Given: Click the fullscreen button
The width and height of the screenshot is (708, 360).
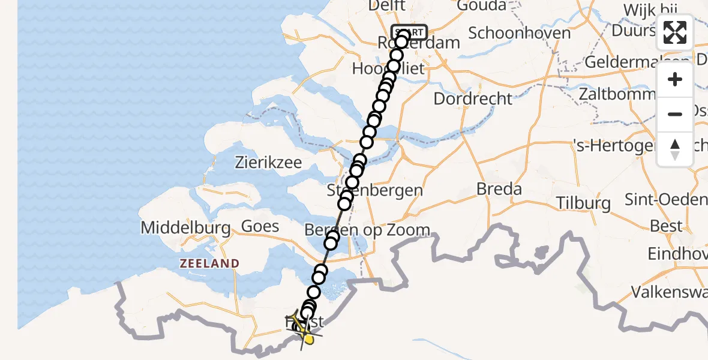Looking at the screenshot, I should [675, 32].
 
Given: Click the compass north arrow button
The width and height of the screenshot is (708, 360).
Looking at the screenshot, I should [675, 149].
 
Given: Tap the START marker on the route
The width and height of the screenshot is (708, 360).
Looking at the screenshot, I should [409, 32].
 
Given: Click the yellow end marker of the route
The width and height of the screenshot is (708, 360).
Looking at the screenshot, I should [308, 340].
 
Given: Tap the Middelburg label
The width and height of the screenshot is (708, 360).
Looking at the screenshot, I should [185, 228].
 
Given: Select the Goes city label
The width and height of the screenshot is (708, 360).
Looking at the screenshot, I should [260, 226].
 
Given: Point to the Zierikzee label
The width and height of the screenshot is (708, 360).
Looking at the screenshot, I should [268, 163].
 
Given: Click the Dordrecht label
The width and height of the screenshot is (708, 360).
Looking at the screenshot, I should [473, 98].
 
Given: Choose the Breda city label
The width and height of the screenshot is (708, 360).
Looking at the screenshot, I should [499, 189].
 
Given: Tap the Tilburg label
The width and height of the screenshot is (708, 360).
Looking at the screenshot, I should [583, 203].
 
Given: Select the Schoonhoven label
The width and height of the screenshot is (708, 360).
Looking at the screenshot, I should [519, 32].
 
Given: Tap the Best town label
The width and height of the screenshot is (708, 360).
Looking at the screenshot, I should [667, 226].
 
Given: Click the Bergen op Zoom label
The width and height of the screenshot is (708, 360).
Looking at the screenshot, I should [367, 230].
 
